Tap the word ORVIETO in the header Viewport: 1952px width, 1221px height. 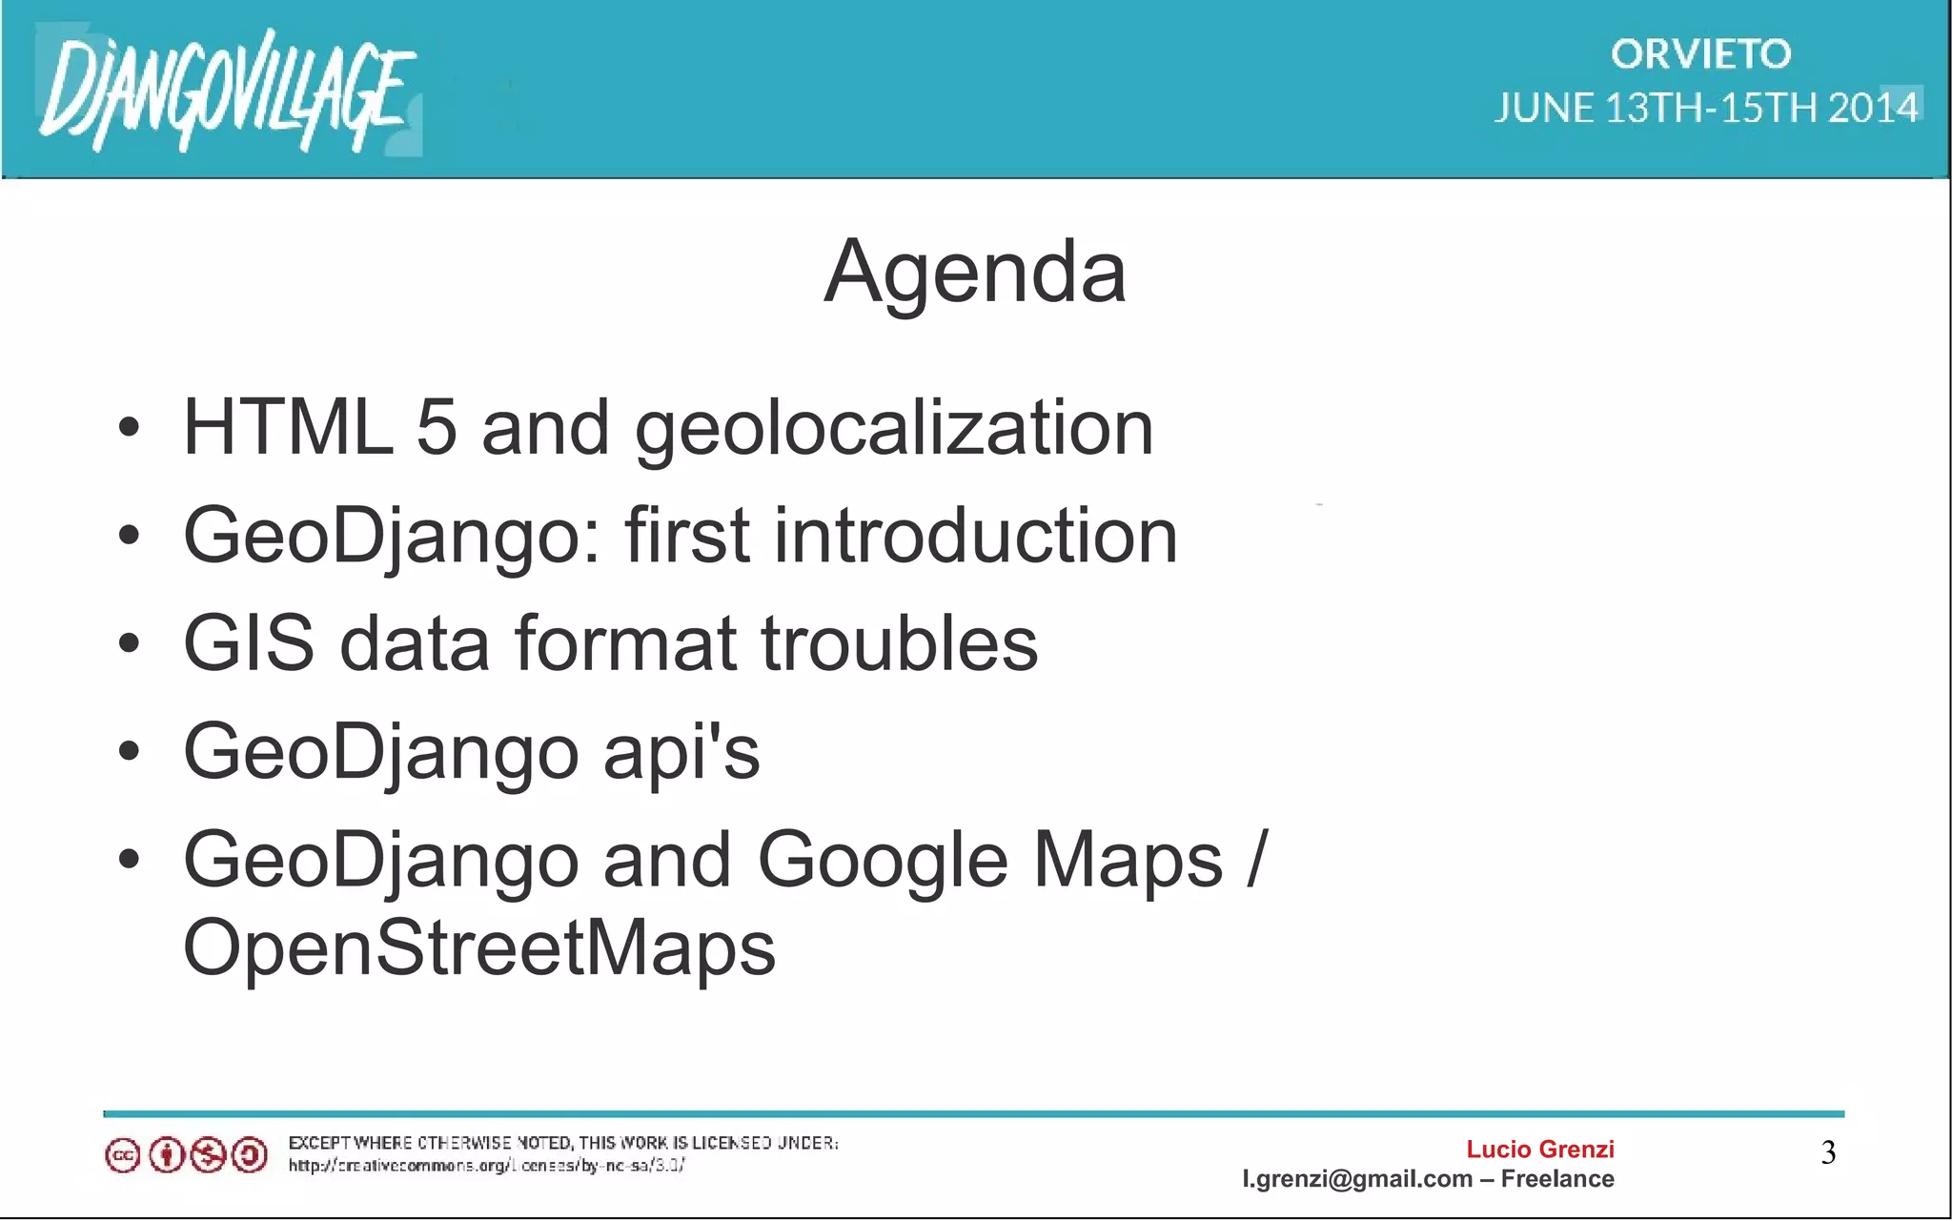point(1701,54)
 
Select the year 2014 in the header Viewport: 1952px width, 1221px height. point(1873,108)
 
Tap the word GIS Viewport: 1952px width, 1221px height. point(249,643)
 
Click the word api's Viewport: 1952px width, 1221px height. point(681,753)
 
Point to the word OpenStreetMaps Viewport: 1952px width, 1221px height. point(479,948)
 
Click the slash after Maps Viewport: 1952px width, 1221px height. point(1257,859)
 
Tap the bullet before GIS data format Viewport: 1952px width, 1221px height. point(129,644)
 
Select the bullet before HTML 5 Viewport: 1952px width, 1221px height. point(129,428)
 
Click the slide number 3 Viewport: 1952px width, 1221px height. point(1828,1153)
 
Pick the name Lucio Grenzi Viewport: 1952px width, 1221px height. point(1539,1150)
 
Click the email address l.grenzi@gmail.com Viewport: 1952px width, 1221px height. point(1357,1179)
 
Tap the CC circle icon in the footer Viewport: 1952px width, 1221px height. point(123,1156)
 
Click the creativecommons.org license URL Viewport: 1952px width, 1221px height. point(486,1166)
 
